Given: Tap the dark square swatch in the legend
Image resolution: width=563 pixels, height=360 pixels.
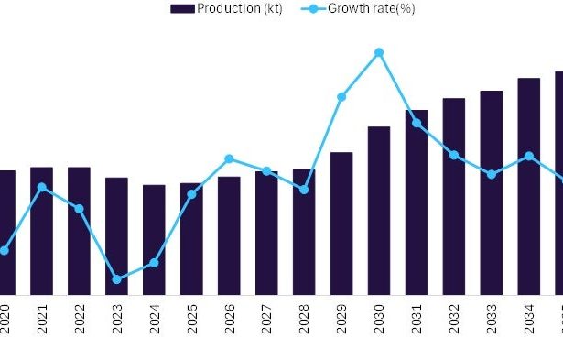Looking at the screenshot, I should tap(181, 8).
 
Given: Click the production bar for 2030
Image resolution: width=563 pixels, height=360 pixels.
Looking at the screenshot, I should tap(379, 210).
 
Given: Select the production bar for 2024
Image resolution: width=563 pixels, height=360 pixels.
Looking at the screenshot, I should tap(154, 239).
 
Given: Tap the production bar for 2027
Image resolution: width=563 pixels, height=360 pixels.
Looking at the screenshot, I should tap(266, 233).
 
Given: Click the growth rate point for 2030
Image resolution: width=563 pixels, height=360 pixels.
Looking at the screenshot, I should tap(379, 53).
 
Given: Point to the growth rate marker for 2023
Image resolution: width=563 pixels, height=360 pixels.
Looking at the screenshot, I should tap(116, 279).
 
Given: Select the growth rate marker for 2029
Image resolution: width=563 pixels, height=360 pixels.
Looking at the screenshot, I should tap(341, 96).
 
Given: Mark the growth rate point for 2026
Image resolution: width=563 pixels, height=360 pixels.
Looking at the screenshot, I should tap(229, 158).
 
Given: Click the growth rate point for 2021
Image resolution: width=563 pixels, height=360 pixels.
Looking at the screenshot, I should tap(41, 187).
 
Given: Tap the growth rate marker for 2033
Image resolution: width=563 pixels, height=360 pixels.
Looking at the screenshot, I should tap(492, 174).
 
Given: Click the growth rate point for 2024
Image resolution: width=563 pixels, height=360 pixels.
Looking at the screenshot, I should tap(154, 263).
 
